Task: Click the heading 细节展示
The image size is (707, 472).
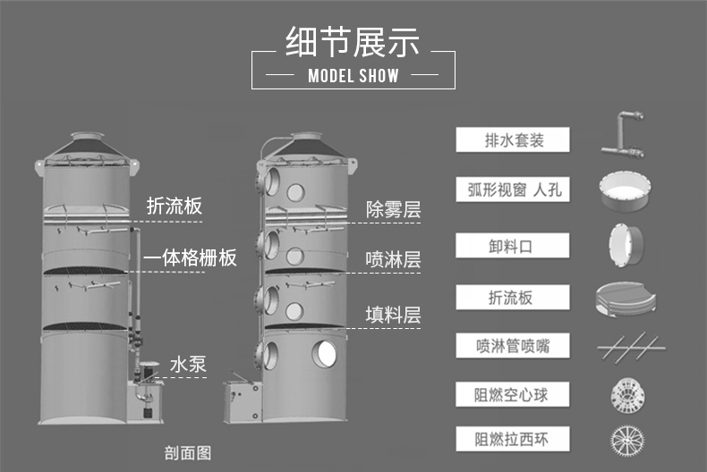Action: coord(352,42)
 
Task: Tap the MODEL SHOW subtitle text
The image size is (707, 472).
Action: coord(353,76)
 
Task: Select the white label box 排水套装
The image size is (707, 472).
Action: coord(513,139)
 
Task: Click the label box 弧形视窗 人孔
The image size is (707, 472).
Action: coord(513,190)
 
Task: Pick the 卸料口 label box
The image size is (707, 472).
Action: coord(513,246)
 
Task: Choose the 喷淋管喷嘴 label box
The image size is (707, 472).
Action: coord(513,345)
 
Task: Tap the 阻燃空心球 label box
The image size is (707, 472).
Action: coord(513,394)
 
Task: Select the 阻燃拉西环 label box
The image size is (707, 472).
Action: coord(513,439)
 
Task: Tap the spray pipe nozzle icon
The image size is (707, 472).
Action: coord(631,347)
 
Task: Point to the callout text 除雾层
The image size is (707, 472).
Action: coord(393,210)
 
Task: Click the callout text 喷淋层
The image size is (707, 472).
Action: coord(393,260)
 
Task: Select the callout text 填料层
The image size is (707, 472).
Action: coord(393,315)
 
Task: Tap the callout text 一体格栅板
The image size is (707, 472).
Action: coord(190,258)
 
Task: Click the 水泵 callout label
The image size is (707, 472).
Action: coord(188,365)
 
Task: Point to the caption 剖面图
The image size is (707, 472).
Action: coord(188,452)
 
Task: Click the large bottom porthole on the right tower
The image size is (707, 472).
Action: coord(324,353)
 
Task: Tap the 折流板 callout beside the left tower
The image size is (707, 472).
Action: coord(174,206)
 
